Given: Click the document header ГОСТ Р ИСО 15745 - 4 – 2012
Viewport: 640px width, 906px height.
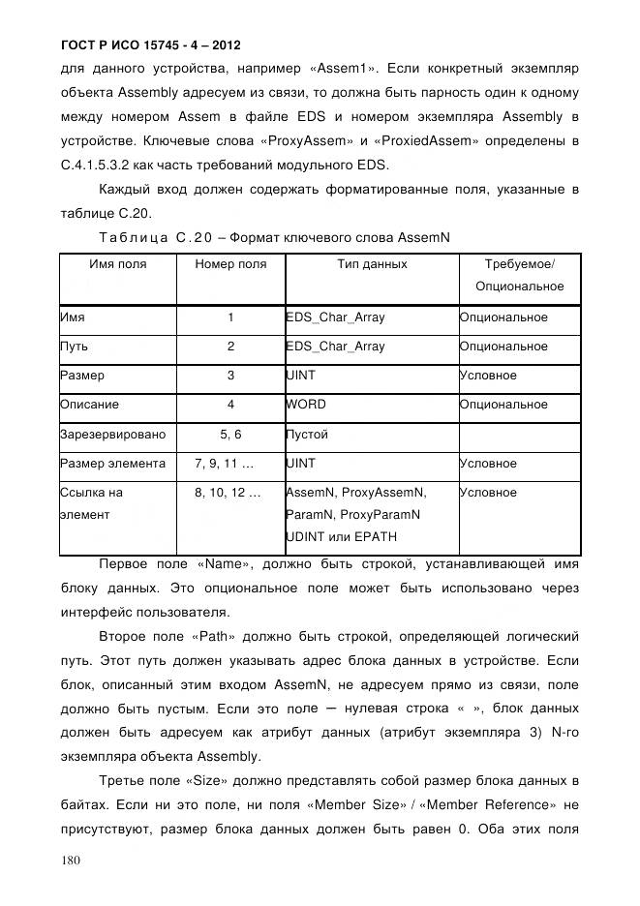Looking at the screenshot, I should [150, 45].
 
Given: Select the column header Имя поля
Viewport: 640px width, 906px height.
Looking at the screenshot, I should [118, 264].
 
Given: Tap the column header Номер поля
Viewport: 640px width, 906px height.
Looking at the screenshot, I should [230, 264].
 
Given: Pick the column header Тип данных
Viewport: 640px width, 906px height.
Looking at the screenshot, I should [372, 264].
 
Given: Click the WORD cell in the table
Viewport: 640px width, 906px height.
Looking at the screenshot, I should [306, 405].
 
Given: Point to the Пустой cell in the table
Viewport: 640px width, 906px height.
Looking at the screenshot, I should [307, 435].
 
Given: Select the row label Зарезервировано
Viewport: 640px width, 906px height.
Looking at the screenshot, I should [112, 435].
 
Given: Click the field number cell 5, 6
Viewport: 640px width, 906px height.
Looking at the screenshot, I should [230, 435].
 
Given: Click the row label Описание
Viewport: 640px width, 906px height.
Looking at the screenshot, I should [89, 405].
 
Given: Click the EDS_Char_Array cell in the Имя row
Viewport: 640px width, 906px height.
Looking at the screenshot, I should [335, 317].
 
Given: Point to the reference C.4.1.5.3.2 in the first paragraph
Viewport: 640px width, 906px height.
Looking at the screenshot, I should [101, 166].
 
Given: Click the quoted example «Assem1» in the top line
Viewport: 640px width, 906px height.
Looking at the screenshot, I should [345, 70].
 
